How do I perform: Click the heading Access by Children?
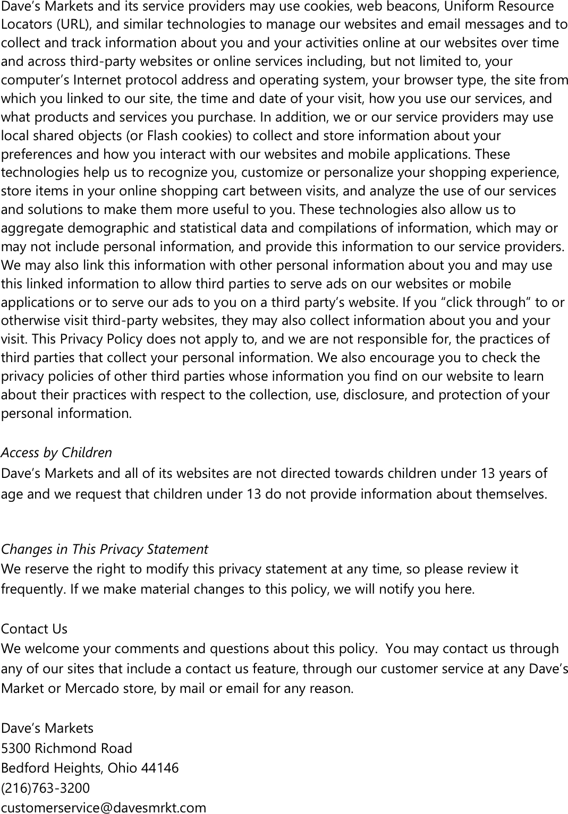click(56, 452)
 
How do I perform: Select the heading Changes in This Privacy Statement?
click(104, 549)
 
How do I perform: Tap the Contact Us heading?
click(34, 629)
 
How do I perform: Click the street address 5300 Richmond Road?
click(66, 748)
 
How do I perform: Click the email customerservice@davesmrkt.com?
click(104, 808)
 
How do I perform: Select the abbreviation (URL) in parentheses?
click(63, 24)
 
